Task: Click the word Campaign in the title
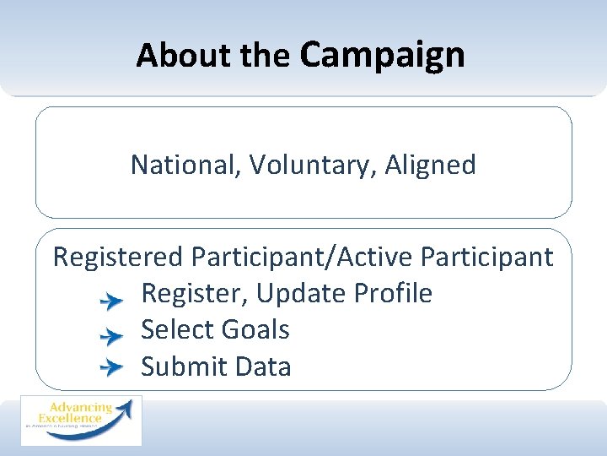click(x=382, y=55)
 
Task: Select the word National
click(x=186, y=165)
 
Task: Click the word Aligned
click(x=430, y=165)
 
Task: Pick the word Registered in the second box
click(x=117, y=257)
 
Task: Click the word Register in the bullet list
click(x=195, y=294)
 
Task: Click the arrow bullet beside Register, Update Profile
click(x=110, y=300)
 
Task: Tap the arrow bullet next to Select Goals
click(x=110, y=336)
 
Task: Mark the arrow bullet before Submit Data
click(x=110, y=367)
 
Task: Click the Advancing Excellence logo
click(x=82, y=421)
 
